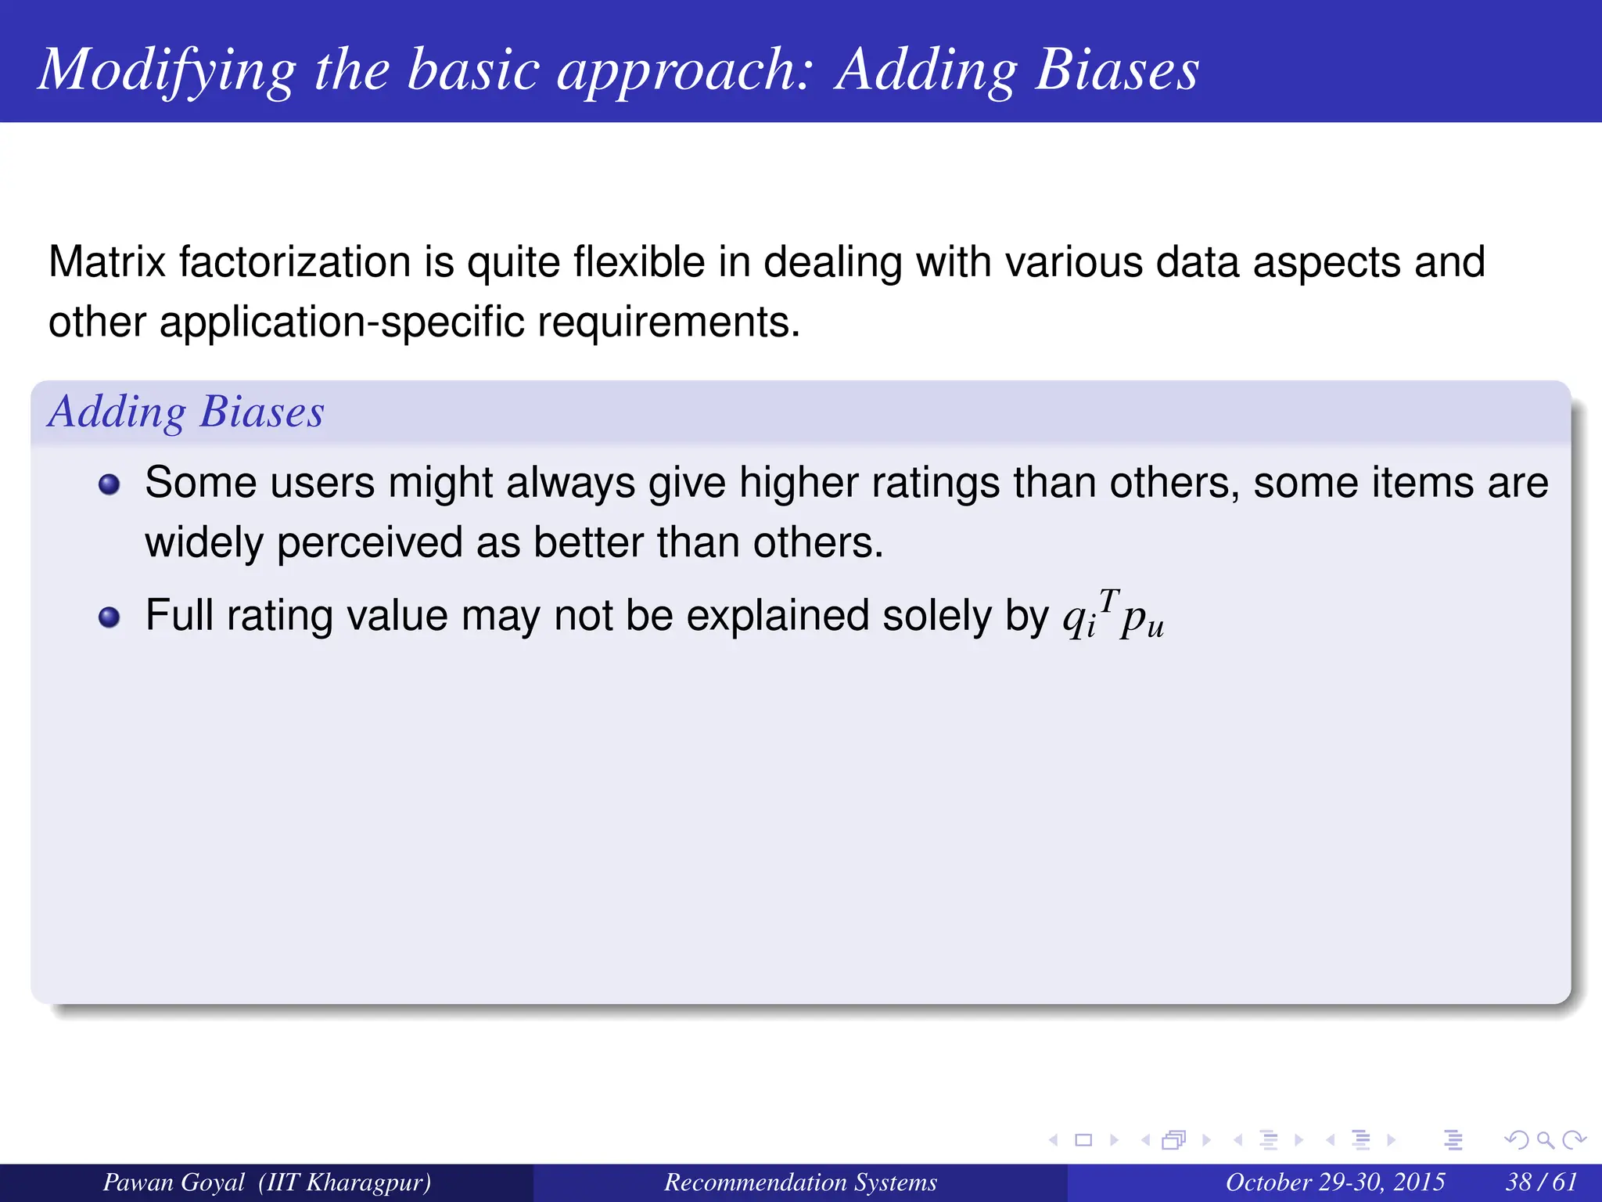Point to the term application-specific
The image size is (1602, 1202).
(341, 322)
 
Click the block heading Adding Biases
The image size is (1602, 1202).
(185, 412)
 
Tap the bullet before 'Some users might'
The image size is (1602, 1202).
(110, 484)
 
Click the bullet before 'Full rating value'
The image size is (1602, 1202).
(110, 617)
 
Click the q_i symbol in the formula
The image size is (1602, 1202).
(1079, 621)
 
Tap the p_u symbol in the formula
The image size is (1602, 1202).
(1142, 622)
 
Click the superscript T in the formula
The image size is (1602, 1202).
(1109, 600)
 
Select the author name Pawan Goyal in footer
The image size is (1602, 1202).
(174, 1182)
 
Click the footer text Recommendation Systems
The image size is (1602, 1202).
(800, 1182)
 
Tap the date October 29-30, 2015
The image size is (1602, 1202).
(1334, 1182)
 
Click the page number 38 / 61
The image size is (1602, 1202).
(1541, 1182)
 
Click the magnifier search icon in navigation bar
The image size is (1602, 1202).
(1545, 1140)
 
